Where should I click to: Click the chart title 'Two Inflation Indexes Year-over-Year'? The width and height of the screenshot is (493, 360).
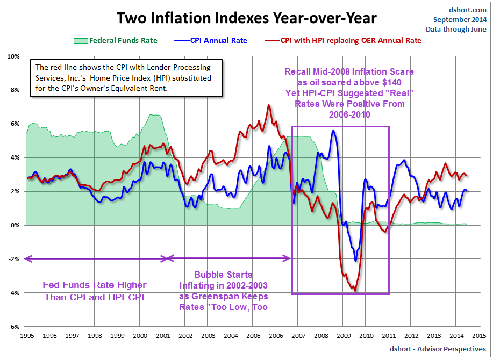(247, 18)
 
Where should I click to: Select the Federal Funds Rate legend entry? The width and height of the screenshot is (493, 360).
(118, 40)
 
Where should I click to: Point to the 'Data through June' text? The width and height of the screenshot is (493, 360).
(456, 30)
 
